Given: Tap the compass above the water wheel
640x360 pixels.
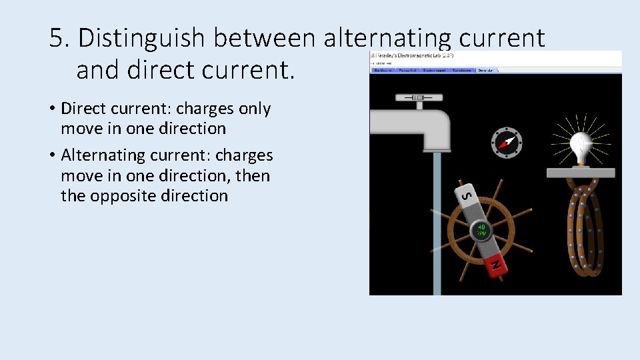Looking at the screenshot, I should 507,142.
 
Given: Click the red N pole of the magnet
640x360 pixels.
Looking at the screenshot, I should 495,265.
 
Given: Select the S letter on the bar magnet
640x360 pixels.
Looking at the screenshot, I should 467,195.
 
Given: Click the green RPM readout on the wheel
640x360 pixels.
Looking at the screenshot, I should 481,231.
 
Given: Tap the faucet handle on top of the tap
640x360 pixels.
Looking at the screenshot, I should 418,98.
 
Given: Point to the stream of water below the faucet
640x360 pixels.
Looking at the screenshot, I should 437,220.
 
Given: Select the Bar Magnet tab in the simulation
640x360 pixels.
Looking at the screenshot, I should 383,70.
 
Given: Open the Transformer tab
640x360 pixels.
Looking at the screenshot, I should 461,70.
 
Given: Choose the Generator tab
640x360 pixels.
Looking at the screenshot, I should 487,70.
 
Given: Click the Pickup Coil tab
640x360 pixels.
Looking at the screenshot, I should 408,70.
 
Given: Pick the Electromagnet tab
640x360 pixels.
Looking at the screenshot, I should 435,70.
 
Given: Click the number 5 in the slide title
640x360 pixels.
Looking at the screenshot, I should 57,39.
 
